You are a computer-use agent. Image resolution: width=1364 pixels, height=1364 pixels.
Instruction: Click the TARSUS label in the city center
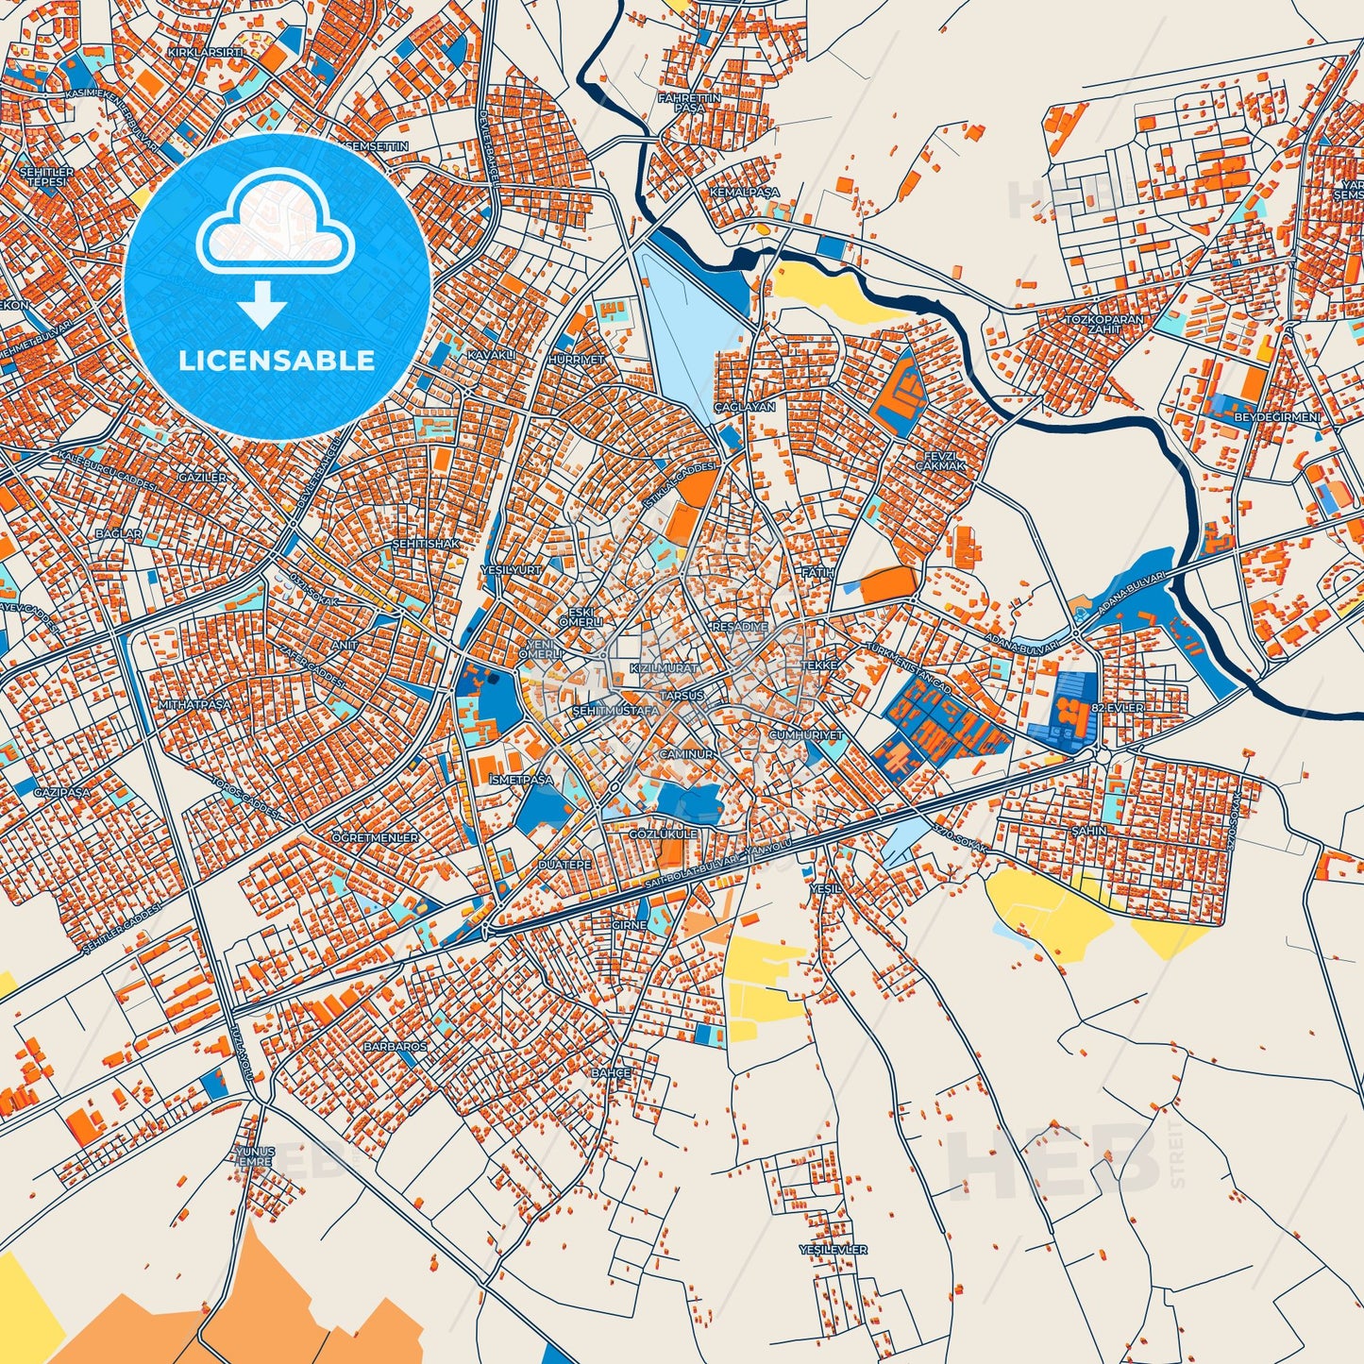coord(682,695)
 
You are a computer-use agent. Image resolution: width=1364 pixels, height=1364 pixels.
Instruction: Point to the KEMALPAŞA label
coord(745,192)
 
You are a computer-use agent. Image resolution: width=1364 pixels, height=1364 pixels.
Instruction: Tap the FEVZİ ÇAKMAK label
coord(940,461)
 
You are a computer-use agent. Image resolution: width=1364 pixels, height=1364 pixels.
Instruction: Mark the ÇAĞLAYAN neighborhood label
coord(744,407)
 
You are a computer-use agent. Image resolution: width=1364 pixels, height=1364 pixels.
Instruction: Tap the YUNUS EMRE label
coord(255,1156)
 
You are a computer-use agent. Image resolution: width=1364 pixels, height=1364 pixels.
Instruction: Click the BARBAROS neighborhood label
coord(396,1047)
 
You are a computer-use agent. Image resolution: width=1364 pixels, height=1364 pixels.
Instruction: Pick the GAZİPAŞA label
coord(62,792)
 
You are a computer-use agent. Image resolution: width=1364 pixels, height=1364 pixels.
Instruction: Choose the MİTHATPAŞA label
coord(195,704)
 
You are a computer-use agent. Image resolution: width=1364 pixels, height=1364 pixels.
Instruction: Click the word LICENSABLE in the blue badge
coord(278,361)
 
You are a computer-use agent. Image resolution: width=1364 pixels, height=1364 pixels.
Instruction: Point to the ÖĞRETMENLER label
coord(376,837)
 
